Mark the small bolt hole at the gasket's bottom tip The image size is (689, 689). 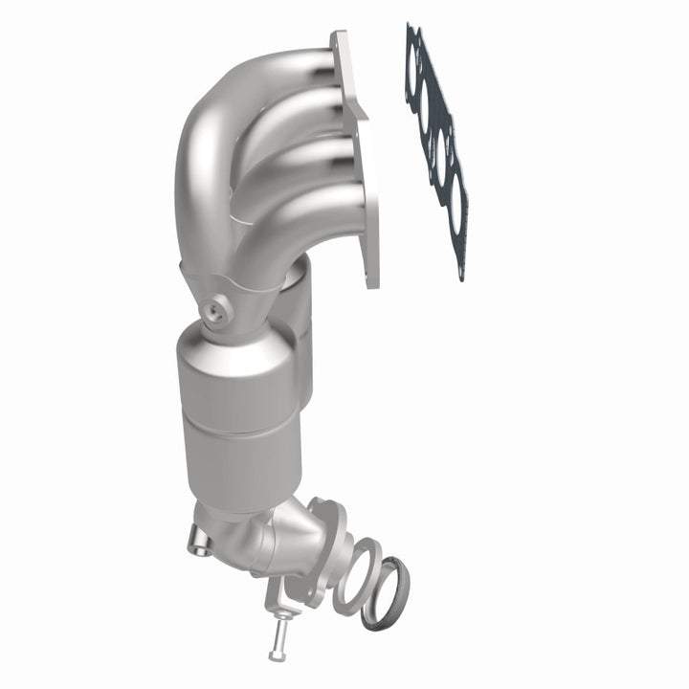pos(464,274)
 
